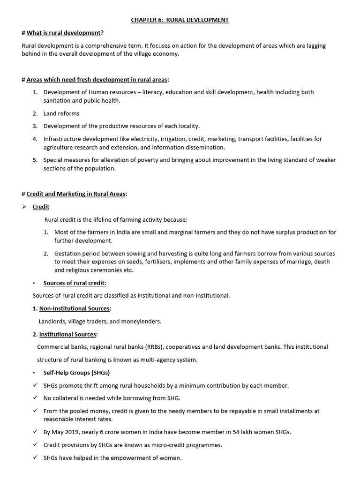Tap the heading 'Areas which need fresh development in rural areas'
pyautogui.click(x=97, y=80)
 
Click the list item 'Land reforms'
pyautogui.click(x=61, y=113)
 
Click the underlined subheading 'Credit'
pyautogui.click(x=41, y=207)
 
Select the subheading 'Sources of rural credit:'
pyautogui.click(x=75, y=283)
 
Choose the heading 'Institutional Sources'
pyautogui.click(x=68, y=334)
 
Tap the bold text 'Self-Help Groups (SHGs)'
pyautogui.click(x=77, y=373)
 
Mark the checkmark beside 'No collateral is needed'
pyautogui.click(x=36, y=398)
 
